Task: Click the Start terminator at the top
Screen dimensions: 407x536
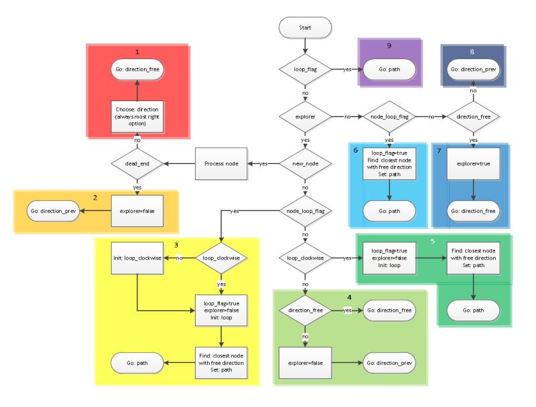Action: coord(305,27)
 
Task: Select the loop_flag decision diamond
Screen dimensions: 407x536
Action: coord(305,69)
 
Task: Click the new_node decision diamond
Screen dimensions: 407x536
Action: coord(305,163)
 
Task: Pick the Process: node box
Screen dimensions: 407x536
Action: coord(221,163)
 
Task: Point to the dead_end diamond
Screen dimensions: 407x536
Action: coord(137,163)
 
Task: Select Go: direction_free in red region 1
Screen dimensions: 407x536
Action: coord(137,69)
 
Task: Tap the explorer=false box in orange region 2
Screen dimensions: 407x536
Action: coord(137,210)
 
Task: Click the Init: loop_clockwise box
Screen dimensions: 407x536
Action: coord(137,257)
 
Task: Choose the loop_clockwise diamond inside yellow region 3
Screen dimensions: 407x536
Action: coord(221,257)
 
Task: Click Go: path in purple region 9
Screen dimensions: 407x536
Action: coord(389,69)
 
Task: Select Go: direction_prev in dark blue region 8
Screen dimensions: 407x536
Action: coord(474,69)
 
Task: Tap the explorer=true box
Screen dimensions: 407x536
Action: coord(474,163)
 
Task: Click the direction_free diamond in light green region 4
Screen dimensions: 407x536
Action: coord(305,311)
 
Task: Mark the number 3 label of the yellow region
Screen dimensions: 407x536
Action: coord(176,246)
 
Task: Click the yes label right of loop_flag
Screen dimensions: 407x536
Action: coord(347,69)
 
